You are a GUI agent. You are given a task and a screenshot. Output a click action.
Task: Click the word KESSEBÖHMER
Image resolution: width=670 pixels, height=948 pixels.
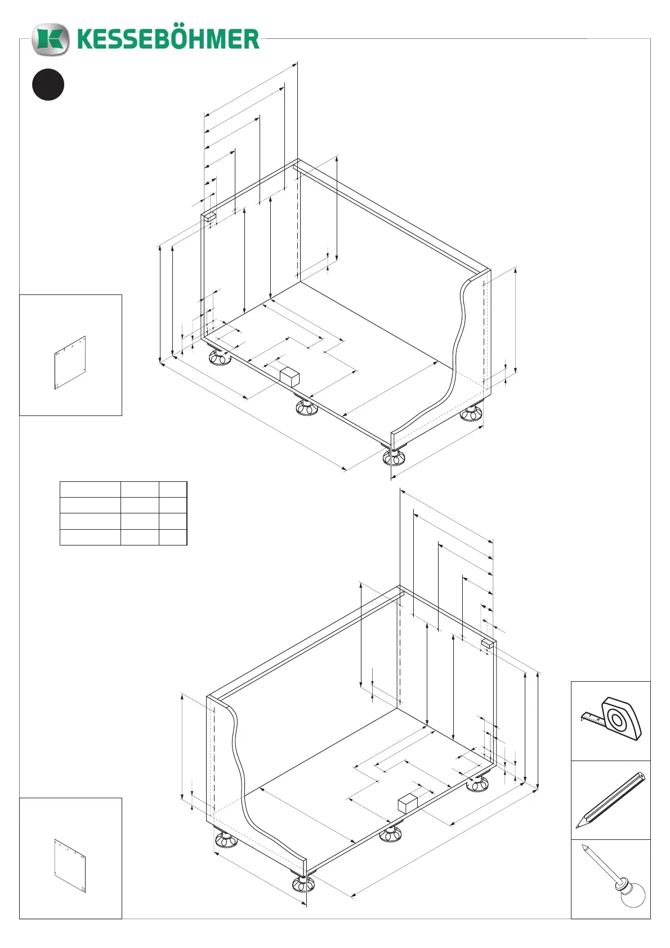pyautogui.click(x=168, y=39)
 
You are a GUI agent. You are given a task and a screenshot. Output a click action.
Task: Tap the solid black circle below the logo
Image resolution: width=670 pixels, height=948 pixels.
pyautogui.click(x=48, y=84)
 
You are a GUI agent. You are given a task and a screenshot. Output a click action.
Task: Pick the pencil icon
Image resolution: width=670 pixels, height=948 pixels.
pyautogui.click(x=611, y=799)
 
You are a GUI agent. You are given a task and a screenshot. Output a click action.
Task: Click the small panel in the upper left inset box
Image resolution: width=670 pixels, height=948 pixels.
pyautogui.click(x=70, y=363)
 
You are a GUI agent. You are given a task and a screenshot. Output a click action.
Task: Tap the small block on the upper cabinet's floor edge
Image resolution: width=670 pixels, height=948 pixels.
pyautogui.click(x=289, y=375)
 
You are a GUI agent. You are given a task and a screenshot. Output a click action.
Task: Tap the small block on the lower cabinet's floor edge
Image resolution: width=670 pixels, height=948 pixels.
pyautogui.click(x=407, y=803)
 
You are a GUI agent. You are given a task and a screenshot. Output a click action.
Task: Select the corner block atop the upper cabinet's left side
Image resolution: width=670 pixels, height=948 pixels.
pyautogui.click(x=209, y=216)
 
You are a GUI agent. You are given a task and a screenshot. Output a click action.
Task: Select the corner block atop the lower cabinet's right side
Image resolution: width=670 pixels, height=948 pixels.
pyautogui.click(x=488, y=643)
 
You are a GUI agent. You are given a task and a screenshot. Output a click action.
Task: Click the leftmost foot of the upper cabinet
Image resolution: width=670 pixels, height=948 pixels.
pyautogui.click(x=219, y=357)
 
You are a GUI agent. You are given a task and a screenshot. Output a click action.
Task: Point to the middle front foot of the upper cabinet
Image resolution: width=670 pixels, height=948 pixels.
pyautogui.click(x=307, y=407)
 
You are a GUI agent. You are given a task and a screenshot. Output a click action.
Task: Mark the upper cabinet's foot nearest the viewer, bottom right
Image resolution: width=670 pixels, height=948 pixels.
pyautogui.click(x=394, y=457)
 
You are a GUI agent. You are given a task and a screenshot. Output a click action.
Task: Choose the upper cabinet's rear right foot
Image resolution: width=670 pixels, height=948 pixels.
pyautogui.click(x=471, y=414)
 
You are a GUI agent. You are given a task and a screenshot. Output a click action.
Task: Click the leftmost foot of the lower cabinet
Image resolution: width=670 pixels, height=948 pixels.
pyautogui.click(x=225, y=840)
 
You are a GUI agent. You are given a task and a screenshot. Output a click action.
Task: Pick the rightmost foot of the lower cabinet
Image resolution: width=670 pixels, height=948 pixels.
pyautogui.click(x=477, y=783)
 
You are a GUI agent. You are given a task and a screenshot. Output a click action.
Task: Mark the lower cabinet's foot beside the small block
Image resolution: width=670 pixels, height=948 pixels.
pyautogui.click(x=390, y=834)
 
